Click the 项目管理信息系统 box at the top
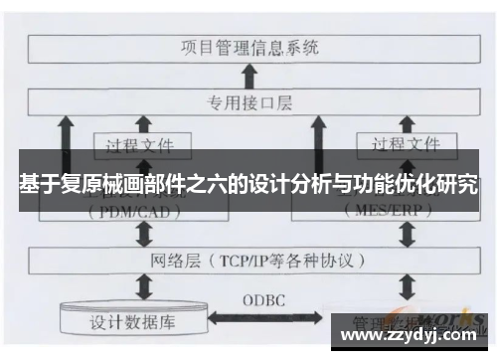click(248, 46)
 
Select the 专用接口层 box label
click(248, 100)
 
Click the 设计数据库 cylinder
click(135, 321)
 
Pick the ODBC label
click(266, 299)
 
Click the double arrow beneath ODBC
click(266, 321)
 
